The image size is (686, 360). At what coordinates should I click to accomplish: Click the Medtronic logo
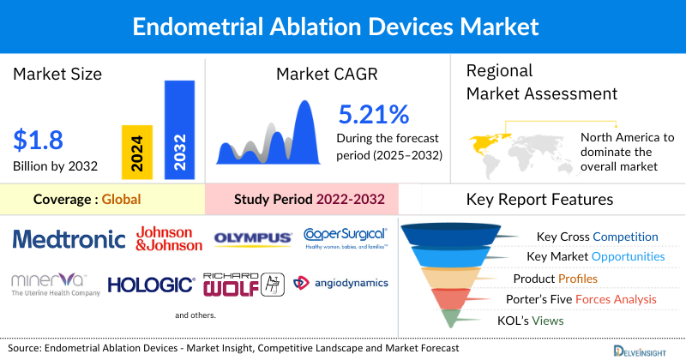point(69,238)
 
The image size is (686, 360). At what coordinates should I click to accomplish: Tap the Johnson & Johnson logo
point(170,238)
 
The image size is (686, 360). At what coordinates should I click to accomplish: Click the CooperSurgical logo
point(346,237)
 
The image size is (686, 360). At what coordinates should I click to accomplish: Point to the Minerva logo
point(50,284)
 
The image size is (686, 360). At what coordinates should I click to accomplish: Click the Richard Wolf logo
point(243,284)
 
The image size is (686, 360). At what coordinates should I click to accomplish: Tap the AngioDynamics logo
point(341,283)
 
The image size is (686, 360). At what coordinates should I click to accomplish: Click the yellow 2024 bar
point(137,151)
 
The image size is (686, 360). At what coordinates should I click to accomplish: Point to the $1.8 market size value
point(39,139)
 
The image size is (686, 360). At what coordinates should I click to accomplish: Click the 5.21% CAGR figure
point(374,115)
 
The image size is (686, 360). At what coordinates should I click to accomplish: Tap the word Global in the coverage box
point(121,200)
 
